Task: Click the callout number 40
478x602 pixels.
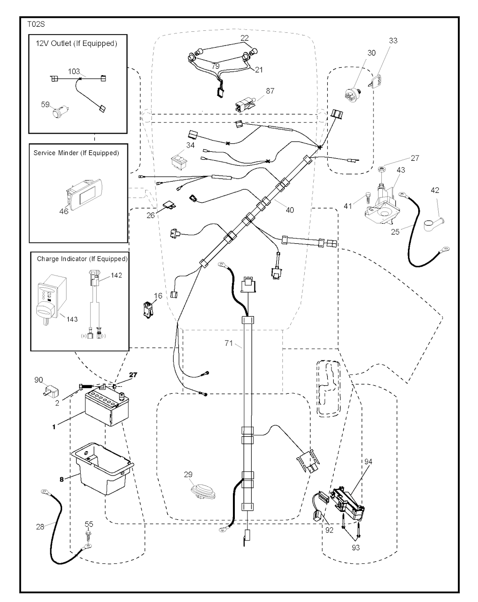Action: point(290,210)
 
